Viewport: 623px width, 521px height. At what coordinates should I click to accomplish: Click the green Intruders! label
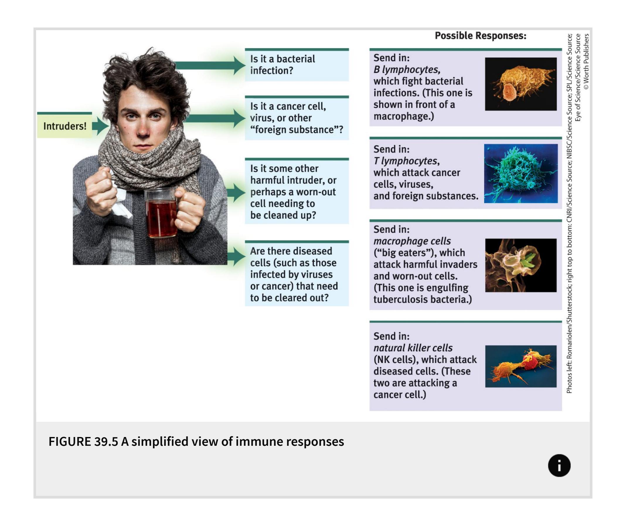[x=65, y=126]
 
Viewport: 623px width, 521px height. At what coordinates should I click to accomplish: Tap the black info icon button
[x=559, y=465]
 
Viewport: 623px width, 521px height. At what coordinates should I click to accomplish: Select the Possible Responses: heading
[x=480, y=36]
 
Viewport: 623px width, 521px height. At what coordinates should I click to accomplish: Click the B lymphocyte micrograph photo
[x=521, y=84]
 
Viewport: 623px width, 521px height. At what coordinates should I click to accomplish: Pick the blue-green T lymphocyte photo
[x=521, y=173]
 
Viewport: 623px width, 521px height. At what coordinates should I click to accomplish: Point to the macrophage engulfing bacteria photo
[x=521, y=265]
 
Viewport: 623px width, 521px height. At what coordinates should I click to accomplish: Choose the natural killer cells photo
[x=521, y=366]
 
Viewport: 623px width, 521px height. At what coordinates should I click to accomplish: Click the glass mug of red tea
[x=162, y=213]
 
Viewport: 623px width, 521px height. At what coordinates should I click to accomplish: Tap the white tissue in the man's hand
[x=120, y=202]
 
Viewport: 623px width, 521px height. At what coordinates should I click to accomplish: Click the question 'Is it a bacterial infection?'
[x=282, y=65]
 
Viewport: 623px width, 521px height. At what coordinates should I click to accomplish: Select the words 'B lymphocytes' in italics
[x=407, y=70]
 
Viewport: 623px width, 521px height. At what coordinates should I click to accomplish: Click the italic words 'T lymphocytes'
[x=406, y=161]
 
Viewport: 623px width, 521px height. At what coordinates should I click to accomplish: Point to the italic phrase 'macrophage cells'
[x=412, y=241]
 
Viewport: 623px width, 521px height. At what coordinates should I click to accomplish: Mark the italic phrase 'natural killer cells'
[x=413, y=348]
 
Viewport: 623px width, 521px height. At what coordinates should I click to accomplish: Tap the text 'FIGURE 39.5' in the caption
[x=83, y=442]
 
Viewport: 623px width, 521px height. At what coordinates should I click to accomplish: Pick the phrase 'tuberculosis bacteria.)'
[x=422, y=300]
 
